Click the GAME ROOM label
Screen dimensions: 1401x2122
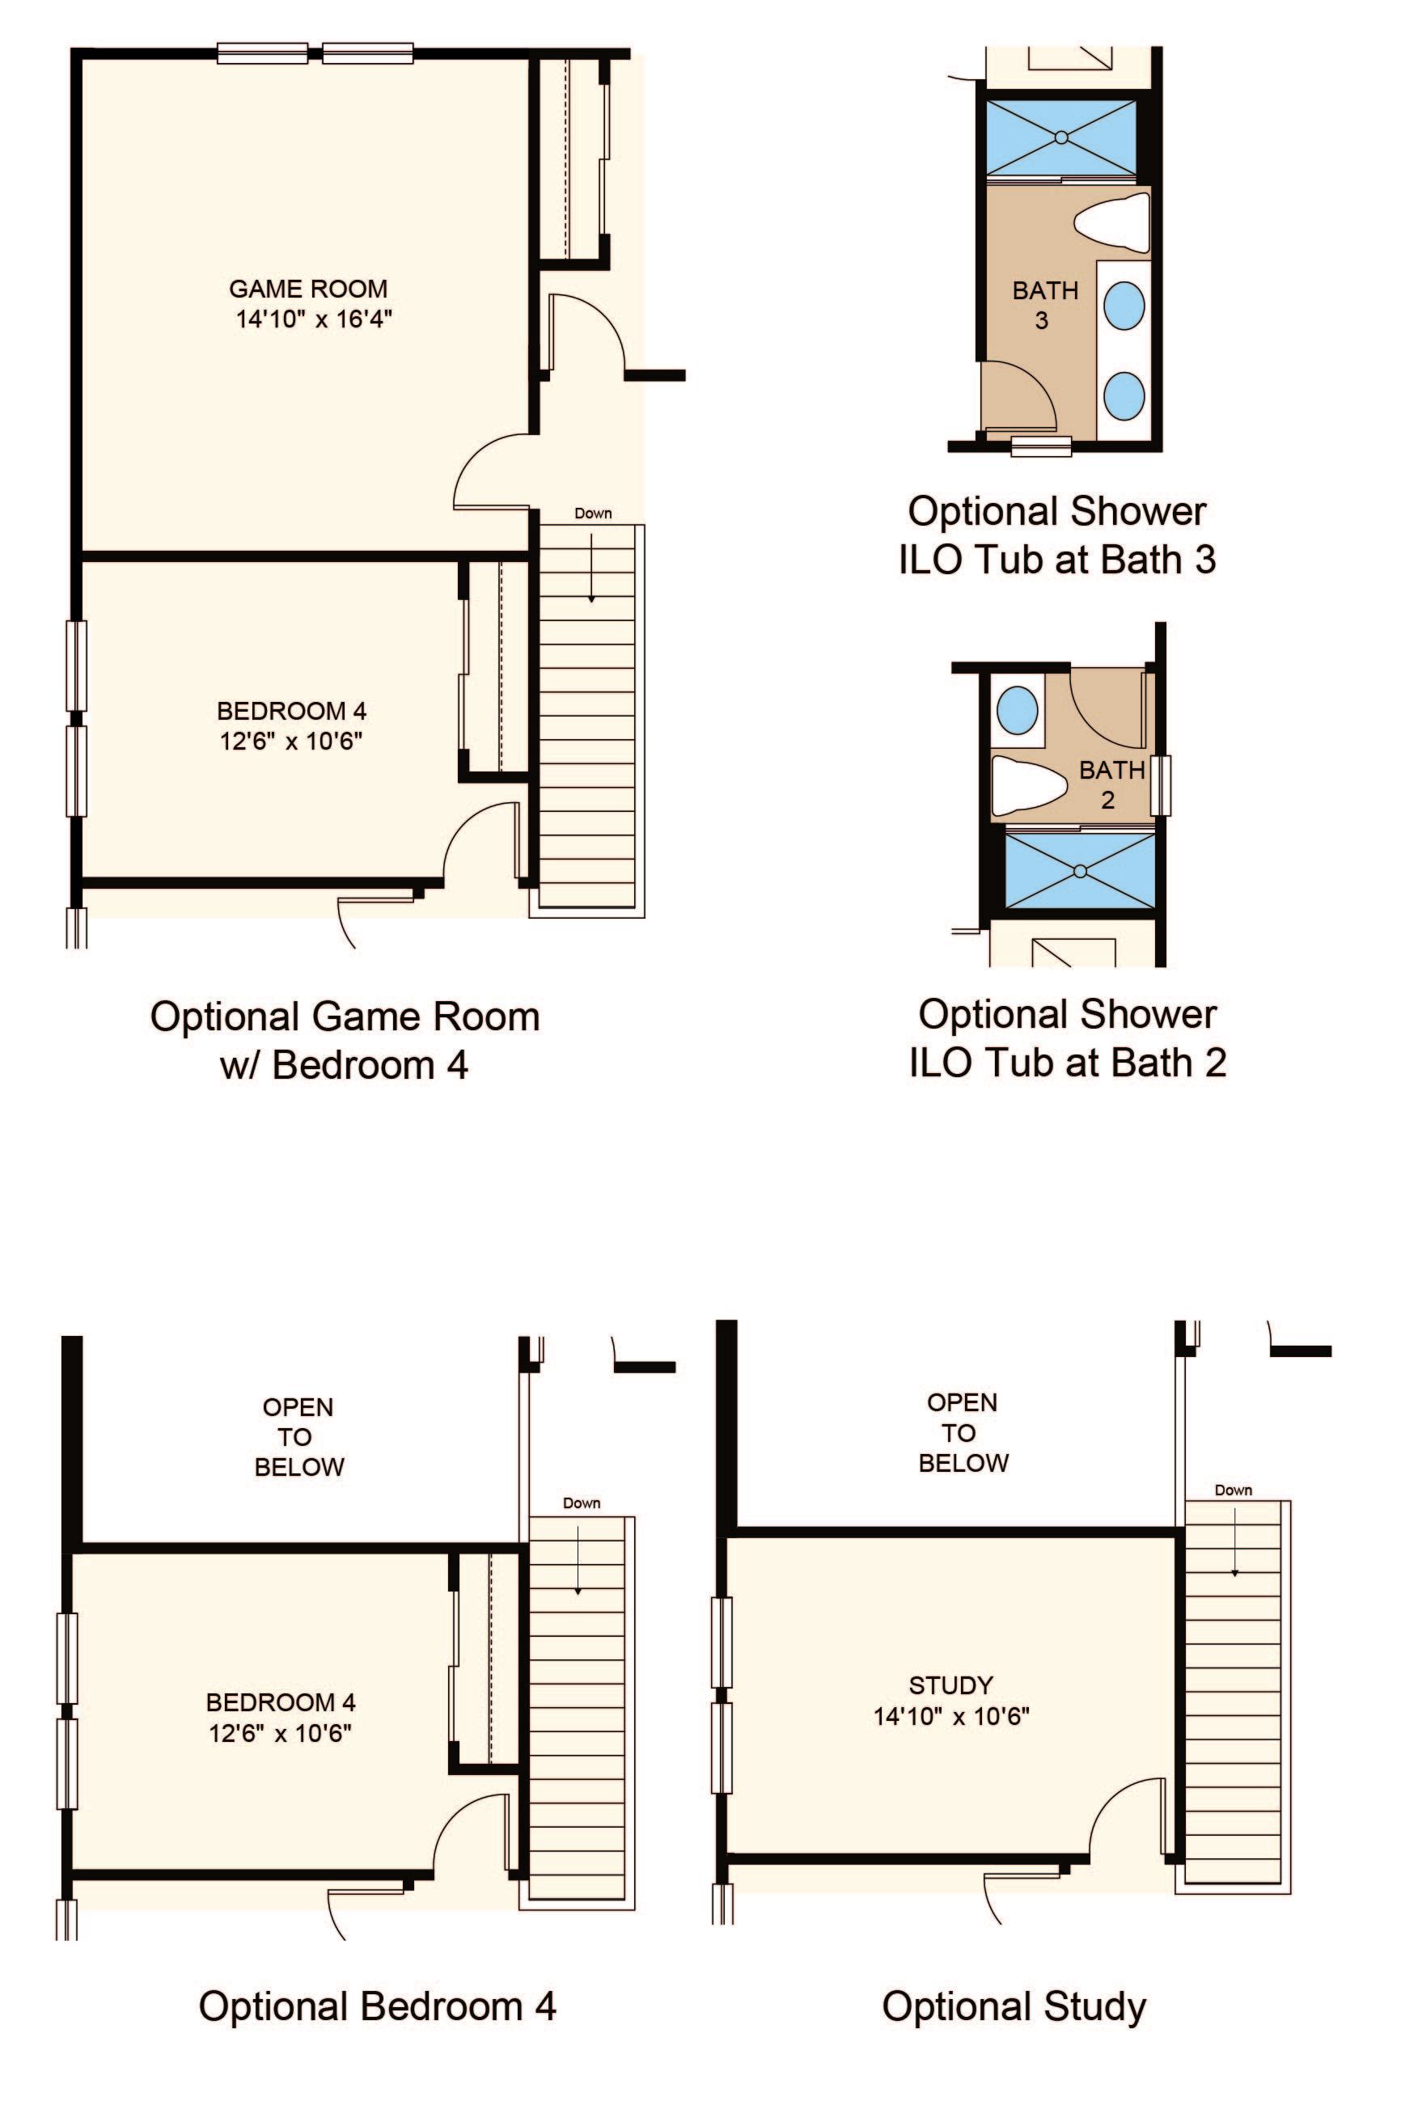pyautogui.click(x=308, y=289)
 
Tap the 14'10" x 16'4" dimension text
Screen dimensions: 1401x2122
pyautogui.click(x=314, y=319)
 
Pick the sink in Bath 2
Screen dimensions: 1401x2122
pyautogui.click(x=1018, y=709)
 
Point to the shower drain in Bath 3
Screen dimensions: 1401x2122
pyautogui.click(x=1060, y=137)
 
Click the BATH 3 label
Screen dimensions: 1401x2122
pyautogui.click(x=1044, y=305)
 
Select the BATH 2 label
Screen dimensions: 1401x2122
pyautogui.click(x=1111, y=784)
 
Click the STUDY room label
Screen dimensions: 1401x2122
pyautogui.click(x=951, y=1685)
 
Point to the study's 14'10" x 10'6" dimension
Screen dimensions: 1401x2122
pyautogui.click(x=951, y=1716)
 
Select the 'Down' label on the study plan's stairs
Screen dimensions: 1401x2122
pyautogui.click(x=1233, y=1490)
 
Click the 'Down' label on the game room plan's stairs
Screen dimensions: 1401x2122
pyautogui.click(x=593, y=513)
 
